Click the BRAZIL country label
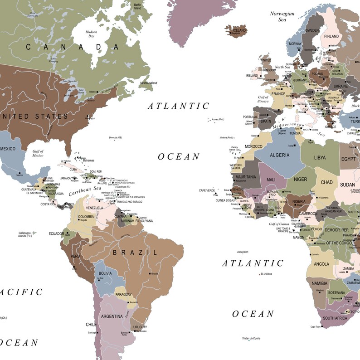pos(135,253)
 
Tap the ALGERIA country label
pos(279,155)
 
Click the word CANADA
pos(72,47)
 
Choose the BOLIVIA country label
pos(105,273)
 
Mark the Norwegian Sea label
pos(282,17)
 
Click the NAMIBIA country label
pos(320,284)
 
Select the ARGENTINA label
pos(112,316)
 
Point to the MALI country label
pos(271,180)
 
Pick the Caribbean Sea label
pos(85,191)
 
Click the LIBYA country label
pos(320,157)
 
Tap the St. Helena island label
pos(267,274)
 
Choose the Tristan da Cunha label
pos(250,338)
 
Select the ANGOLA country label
pos(321,264)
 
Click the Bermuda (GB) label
pos(116,137)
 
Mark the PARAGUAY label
pos(123,294)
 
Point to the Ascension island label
pos(243,252)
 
